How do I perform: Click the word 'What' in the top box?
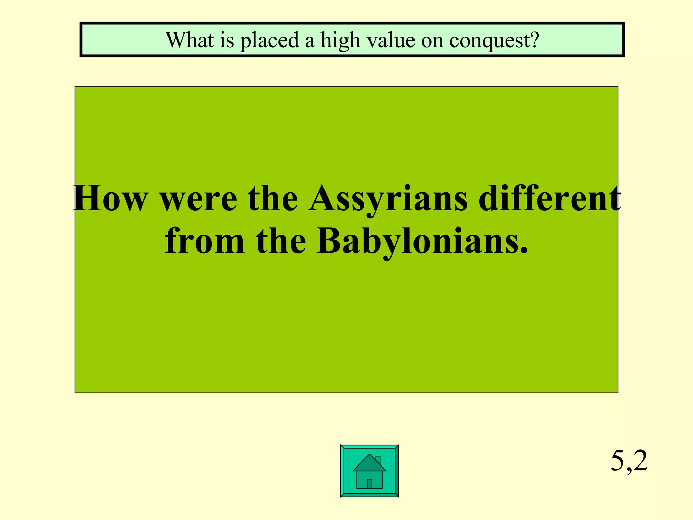tap(190, 40)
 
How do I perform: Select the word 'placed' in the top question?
tap(269, 41)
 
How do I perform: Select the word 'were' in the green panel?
tap(198, 199)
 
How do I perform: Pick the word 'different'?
tap(550, 198)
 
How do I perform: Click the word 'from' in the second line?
tap(204, 241)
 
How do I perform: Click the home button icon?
tap(369, 471)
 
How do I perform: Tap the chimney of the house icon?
tap(378, 460)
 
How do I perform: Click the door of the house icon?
tap(370, 483)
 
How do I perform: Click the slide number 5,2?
tap(629, 461)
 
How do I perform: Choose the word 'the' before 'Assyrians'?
tap(273, 198)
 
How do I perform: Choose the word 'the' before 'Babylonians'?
tap(281, 241)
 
